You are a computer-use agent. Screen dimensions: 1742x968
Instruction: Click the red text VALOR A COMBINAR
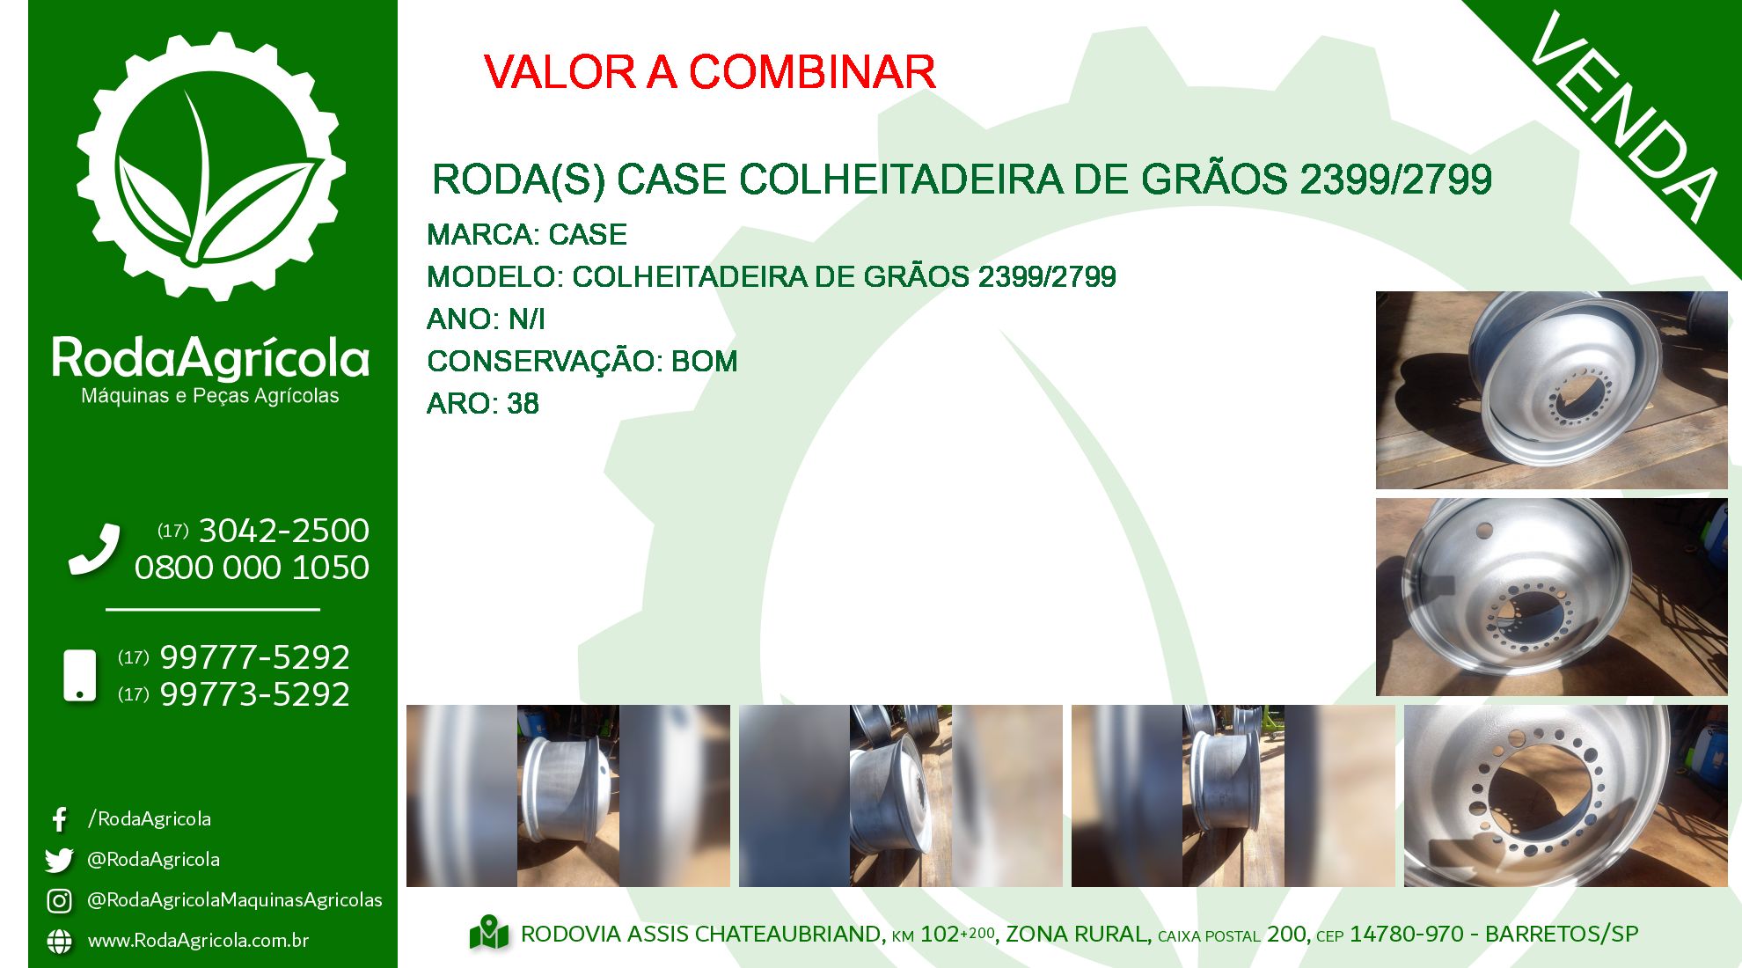[x=709, y=72]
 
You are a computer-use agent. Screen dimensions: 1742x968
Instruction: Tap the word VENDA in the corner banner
[x=1623, y=117]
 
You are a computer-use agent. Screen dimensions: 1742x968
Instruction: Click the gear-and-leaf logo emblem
[x=211, y=166]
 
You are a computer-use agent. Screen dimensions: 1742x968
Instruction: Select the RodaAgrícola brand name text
[x=210, y=357]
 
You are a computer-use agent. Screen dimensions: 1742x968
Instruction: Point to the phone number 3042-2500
[x=283, y=531]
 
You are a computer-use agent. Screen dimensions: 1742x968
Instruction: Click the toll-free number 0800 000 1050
[x=252, y=568]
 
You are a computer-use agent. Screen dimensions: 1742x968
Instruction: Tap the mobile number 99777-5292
[x=254, y=657]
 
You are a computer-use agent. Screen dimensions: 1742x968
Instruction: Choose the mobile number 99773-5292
[x=254, y=694]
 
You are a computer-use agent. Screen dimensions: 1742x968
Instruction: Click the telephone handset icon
[x=94, y=549]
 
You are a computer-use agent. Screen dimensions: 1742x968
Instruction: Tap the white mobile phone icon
[x=80, y=676]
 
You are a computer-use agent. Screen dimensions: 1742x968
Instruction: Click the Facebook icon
[x=60, y=820]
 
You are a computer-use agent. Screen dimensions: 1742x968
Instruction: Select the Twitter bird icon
[x=59, y=860]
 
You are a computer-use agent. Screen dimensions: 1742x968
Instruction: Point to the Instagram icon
[x=59, y=901]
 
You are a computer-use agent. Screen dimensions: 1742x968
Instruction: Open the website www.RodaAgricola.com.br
[x=198, y=941]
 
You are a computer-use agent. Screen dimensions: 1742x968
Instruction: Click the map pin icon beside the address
[x=489, y=934]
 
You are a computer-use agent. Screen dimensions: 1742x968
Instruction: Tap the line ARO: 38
[x=483, y=404]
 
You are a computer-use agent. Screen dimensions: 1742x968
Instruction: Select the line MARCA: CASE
[x=527, y=235]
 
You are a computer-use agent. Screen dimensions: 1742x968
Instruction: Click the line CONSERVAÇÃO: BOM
[x=582, y=362]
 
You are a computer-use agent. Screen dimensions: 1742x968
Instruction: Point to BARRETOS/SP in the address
[x=1562, y=935]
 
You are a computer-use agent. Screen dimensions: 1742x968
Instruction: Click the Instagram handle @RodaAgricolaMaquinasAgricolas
[x=235, y=900]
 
